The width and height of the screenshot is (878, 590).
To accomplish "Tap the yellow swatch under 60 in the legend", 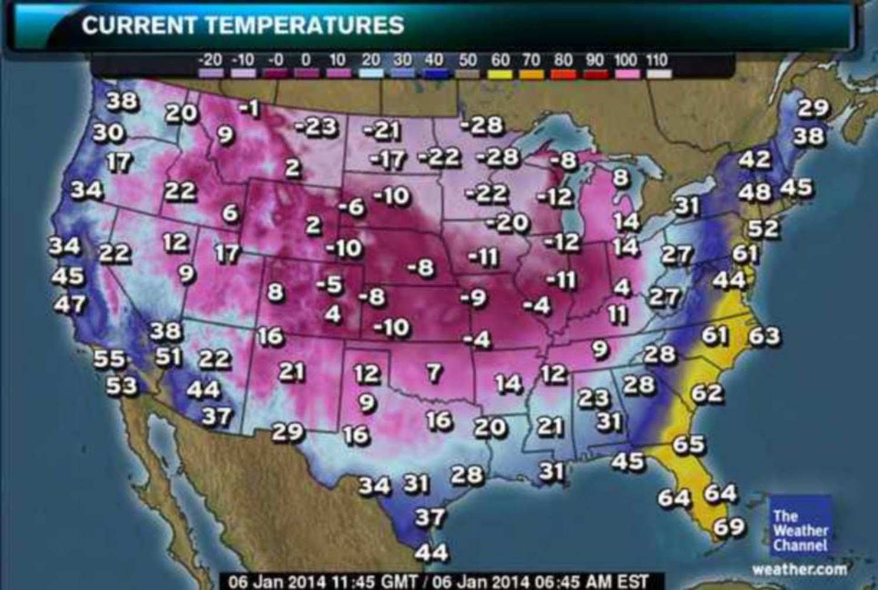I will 500,74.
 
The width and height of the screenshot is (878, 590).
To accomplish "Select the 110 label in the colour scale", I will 657,60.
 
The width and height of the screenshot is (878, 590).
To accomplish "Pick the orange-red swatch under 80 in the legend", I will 564,74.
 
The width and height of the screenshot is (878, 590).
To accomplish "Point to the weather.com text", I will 799,569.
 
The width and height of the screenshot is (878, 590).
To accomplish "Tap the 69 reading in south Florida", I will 729,526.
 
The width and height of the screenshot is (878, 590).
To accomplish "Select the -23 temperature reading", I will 316,126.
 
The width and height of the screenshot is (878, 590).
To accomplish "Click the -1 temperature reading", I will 250,108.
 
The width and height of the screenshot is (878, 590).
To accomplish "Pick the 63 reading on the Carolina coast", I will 764,336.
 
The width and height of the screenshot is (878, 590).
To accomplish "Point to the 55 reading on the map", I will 109,358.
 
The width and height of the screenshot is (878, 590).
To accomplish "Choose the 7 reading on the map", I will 434,372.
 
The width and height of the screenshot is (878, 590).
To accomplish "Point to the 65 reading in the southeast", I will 689,444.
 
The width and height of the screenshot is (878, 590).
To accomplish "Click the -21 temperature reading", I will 382,130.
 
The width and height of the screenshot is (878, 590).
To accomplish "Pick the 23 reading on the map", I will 592,398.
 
